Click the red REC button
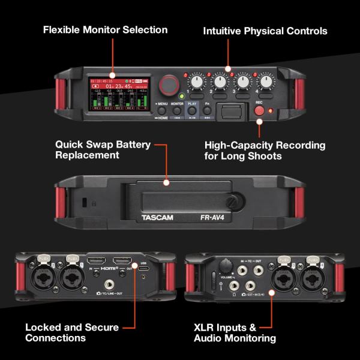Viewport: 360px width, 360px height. click(260, 110)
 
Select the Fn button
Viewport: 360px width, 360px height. click(207, 111)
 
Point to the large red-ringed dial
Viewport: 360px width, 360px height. click(170, 83)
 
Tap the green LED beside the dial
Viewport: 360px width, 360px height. click(181, 95)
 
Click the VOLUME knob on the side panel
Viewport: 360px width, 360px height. click(226, 265)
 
